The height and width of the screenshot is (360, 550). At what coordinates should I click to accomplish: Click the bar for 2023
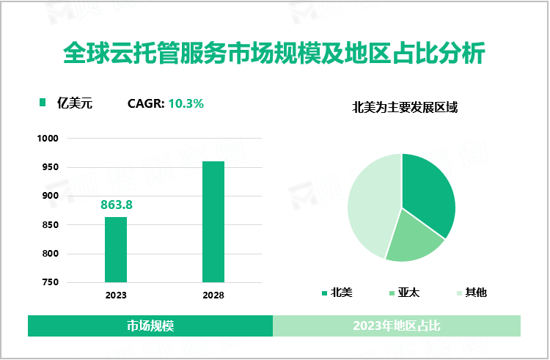coord(116,249)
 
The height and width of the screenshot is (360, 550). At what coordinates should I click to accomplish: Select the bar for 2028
coord(213,221)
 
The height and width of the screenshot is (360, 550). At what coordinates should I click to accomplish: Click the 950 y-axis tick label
coord(50,167)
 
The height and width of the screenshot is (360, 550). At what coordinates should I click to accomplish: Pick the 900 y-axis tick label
coord(50,196)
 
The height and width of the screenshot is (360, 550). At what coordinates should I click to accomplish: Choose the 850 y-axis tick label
coord(50,225)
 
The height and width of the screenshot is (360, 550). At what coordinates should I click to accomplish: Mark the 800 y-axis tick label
coord(50,254)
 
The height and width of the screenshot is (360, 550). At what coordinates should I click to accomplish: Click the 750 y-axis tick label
coord(50,282)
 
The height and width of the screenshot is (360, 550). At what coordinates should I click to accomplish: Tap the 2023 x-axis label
coord(116,295)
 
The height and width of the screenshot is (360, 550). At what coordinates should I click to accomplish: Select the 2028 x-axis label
coord(213,295)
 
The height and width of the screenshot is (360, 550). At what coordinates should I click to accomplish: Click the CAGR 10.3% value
coord(186,103)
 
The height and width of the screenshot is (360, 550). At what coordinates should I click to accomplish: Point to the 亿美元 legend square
coord(43,103)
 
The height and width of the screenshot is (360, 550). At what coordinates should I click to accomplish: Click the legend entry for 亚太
coord(403,293)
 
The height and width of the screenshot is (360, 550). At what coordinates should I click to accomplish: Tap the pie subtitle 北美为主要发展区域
coord(406,108)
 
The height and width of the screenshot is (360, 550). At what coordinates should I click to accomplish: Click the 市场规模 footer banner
coord(150,326)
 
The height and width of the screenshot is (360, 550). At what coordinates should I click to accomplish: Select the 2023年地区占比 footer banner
coord(397,326)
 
